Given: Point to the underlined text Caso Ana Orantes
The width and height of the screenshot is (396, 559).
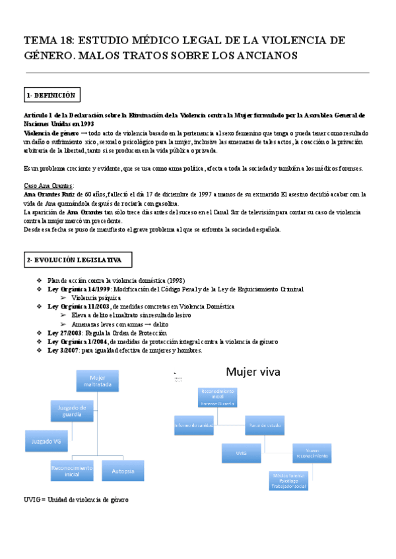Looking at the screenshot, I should pyautogui.click(x=49, y=186).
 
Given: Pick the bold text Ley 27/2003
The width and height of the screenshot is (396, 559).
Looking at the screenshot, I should pyautogui.click(x=63, y=333).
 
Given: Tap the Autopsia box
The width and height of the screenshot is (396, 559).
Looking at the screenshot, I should pyautogui.click(x=123, y=471).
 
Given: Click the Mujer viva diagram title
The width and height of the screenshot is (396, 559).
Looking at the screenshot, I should pyautogui.click(x=254, y=372).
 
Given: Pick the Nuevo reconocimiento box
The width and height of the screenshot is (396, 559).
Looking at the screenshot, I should pyautogui.click(x=312, y=454).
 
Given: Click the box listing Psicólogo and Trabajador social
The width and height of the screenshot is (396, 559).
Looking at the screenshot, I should pyautogui.click(x=288, y=481).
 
